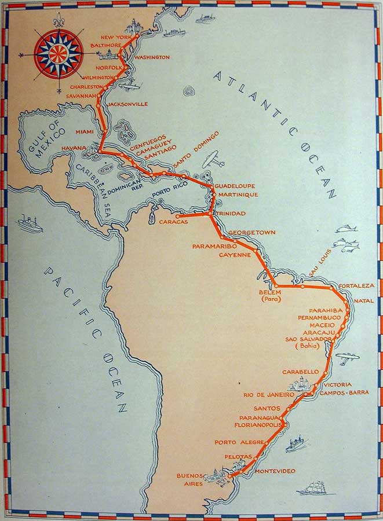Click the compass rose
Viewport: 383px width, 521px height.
pyautogui.click(x=57, y=54)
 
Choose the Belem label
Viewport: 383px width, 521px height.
pyautogui.click(x=269, y=292)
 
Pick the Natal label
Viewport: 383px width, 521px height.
pyautogui.click(x=363, y=300)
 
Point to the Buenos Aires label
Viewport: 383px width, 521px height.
pyautogui.click(x=190, y=479)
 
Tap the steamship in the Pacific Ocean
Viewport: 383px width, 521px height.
pyautogui.click(x=30, y=223)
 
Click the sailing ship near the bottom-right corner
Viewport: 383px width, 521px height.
pyautogui.click(x=313, y=487)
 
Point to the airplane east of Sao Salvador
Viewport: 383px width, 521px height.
pyautogui.click(x=346, y=358)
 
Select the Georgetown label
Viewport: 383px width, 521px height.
pyautogui.click(x=251, y=233)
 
